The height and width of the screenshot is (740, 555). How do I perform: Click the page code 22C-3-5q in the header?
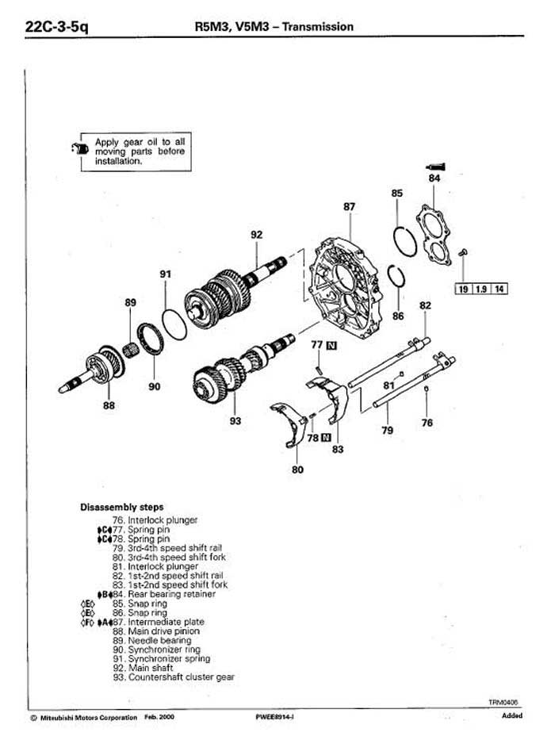56,26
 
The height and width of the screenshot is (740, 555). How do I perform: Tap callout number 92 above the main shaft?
256,235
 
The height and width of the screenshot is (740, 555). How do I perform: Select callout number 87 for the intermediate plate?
349,207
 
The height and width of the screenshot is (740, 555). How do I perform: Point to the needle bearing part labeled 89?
130,351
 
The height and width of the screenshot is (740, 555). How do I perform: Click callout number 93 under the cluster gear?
235,420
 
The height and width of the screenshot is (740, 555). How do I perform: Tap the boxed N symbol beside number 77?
331,345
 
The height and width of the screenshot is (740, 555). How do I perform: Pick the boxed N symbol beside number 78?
326,438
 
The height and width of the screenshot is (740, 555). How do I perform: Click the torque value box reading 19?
464,289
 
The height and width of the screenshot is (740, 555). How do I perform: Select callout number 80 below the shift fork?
297,470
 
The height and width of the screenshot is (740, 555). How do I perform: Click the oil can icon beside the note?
80,148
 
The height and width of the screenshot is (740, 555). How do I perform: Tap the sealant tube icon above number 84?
435,166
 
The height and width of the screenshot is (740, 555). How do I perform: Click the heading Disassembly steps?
122,508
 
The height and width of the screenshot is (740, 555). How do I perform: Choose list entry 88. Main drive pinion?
156,631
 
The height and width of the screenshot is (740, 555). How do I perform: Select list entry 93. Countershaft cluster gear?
174,677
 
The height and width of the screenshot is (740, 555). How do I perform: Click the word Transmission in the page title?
318,26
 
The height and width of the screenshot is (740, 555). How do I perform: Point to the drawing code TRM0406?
503,702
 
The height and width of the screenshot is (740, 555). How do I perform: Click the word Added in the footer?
512,715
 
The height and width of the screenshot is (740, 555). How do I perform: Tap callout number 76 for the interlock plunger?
427,423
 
